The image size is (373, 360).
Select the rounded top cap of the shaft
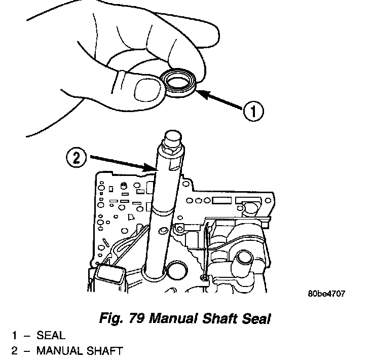tap(171, 138)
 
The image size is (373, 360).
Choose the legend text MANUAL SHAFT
tap(79, 350)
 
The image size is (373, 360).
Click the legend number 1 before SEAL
tap(15, 335)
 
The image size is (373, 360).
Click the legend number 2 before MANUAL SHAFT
tap(15, 350)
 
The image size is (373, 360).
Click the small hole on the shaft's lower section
tap(162, 231)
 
